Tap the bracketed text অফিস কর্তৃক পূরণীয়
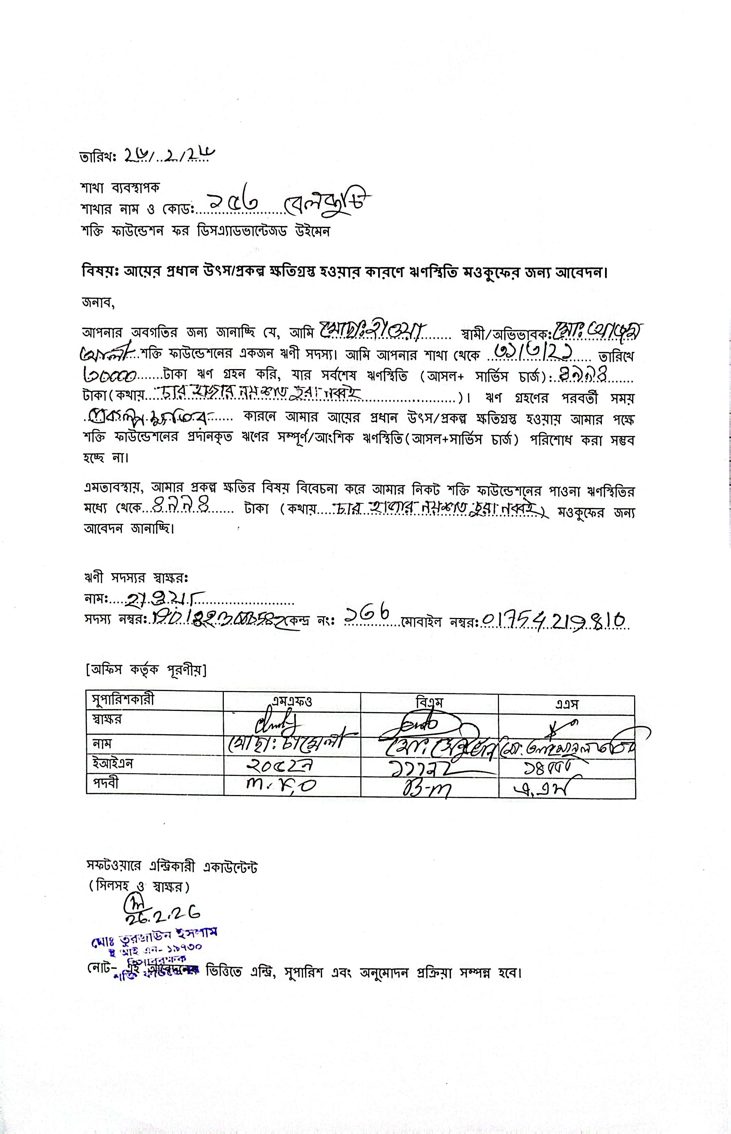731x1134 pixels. pos(146,670)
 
